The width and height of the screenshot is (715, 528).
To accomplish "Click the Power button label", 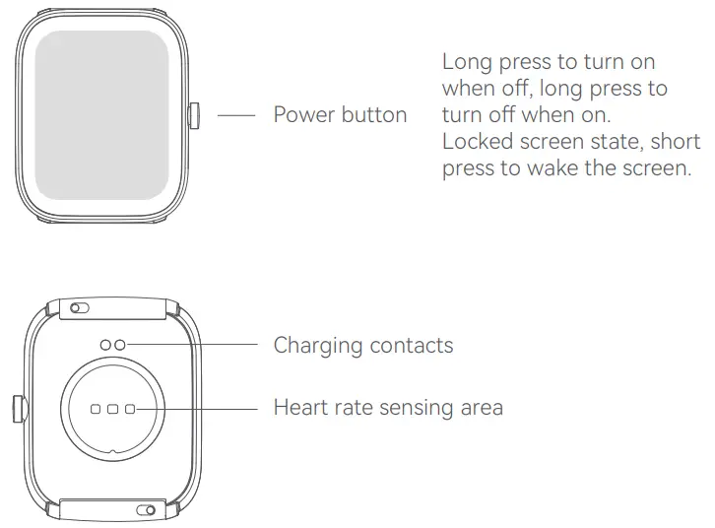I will click(340, 115).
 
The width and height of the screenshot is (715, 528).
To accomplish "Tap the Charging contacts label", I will click(363, 345).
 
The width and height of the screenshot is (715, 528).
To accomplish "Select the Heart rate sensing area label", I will click(388, 407).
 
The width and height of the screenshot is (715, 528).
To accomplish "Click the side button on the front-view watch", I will click(192, 115).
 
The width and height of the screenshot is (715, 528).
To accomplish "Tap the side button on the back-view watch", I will click(17, 408).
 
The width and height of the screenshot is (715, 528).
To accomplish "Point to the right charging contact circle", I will click(119, 344).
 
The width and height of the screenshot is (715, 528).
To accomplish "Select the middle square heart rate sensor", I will click(112, 407).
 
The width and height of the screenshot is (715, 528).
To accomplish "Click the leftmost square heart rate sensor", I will click(97, 407).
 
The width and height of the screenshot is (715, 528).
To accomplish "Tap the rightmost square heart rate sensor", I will click(129, 407).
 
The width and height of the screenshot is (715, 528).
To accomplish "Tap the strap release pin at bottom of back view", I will click(146, 509).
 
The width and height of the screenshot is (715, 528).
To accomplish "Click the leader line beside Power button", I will click(236, 115).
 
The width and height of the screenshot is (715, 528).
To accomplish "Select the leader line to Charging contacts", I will click(197, 344).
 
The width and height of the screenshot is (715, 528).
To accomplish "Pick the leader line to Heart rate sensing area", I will click(202, 407).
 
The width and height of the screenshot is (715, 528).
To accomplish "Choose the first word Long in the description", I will click(466, 62).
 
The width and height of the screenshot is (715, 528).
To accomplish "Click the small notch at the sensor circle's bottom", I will click(113, 454).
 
